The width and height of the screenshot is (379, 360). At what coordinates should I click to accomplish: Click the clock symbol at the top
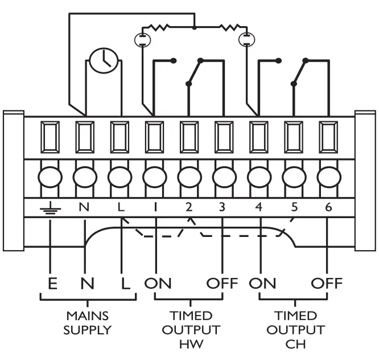(102, 59)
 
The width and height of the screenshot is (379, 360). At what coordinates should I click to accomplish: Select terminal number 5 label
(294, 207)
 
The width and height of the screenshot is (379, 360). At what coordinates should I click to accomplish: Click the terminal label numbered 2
(189, 207)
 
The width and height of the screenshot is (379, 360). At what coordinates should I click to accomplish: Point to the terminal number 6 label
(328, 207)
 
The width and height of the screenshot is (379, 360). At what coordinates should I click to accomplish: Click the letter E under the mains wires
(52, 283)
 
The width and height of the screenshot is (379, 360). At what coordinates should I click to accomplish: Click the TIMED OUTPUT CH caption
(295, 330)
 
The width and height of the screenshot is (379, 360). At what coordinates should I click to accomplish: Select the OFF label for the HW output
(221, 283)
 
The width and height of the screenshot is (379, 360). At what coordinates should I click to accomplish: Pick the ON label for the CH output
(262, 283)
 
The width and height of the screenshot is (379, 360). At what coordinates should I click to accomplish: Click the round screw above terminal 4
(259, 177)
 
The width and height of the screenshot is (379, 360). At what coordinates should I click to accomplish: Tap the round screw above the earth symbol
(50, 177)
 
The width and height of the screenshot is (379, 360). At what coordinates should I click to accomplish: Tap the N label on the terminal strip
(84, 207)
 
